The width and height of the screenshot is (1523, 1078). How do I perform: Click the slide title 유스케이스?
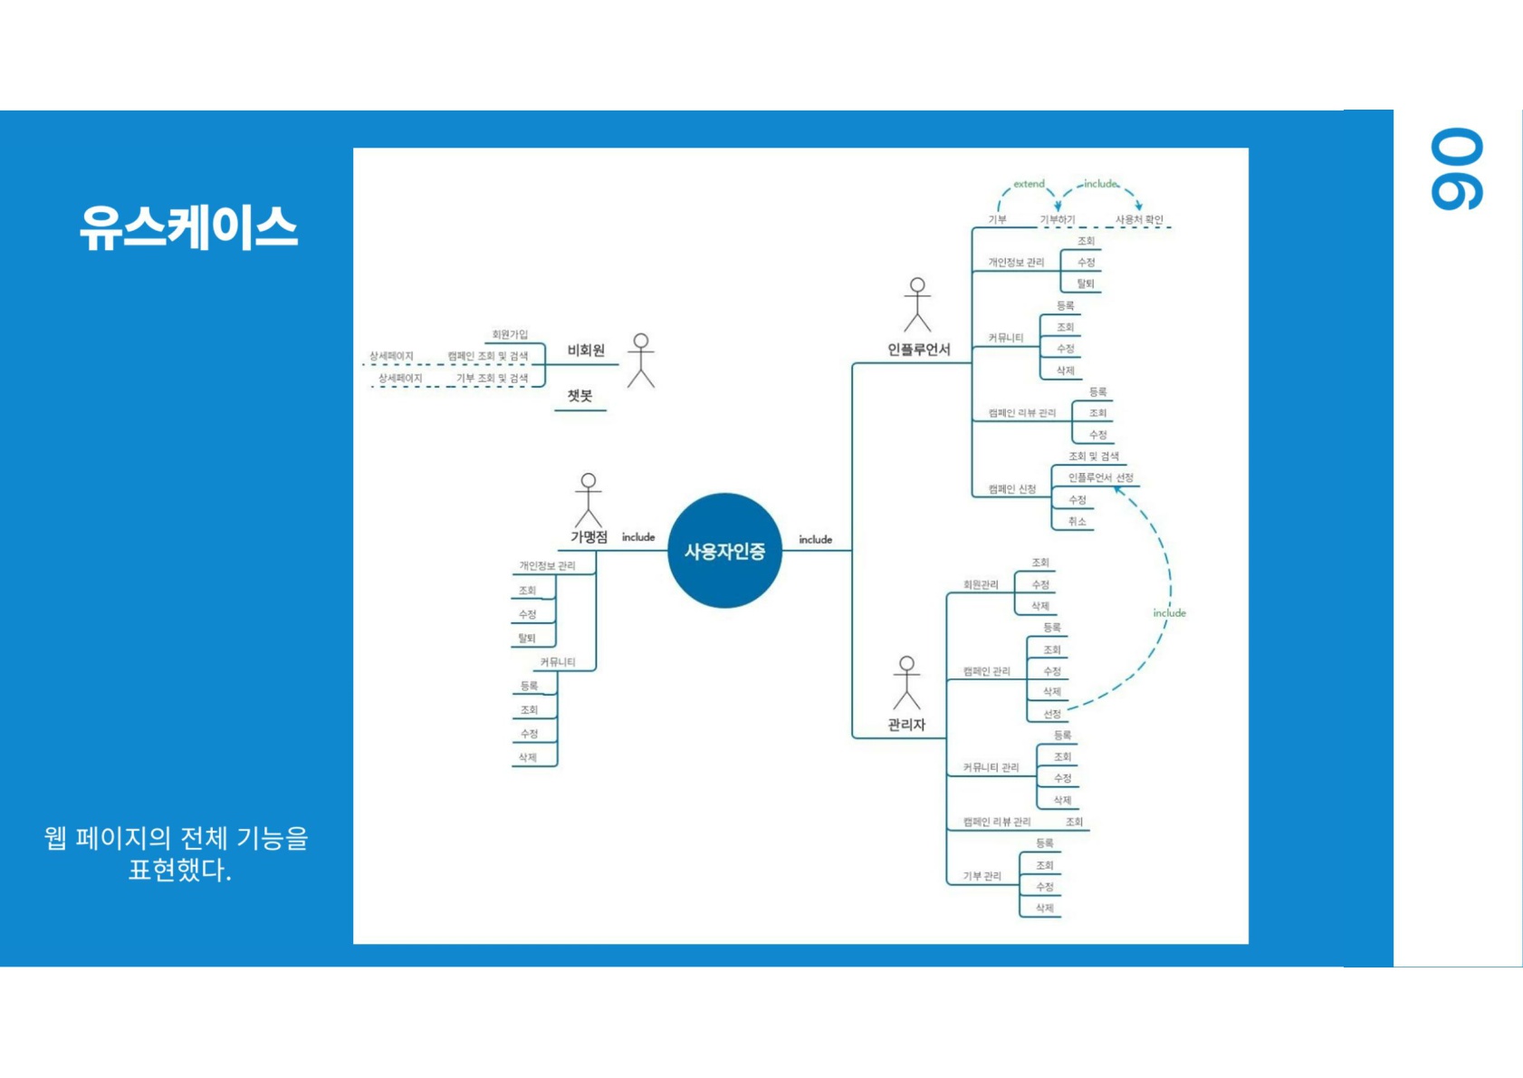coord(188,226)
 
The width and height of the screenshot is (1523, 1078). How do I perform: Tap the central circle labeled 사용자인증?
coord(724,551)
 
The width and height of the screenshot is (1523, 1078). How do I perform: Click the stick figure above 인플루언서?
coord(917,304)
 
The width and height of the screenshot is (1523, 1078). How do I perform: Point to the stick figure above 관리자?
coord(906,682)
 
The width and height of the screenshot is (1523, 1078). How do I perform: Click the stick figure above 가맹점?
coord(589,499)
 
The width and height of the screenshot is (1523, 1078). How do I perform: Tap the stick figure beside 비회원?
coord(641,361)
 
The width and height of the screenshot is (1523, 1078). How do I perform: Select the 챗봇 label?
coord(580,396)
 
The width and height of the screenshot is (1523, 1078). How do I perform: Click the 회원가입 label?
coord(510,334)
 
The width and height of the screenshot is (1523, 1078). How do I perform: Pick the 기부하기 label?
coord(1058,219)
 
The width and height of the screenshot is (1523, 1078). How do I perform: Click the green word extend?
coord(1029,184)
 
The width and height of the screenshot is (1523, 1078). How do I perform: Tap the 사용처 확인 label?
coord(1139,219)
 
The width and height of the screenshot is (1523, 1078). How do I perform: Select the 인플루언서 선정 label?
coord(1100,477)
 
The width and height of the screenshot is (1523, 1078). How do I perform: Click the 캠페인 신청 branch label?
coord(1012,489)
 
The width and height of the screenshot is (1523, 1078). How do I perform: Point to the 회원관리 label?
coord(981,584)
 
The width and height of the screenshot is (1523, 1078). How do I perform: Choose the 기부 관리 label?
coord(982,876)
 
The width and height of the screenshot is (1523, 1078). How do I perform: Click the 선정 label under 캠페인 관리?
coord(1052,714)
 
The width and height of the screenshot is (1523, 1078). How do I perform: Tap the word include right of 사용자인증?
coord(815,539)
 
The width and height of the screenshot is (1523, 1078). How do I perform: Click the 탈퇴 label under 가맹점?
coord(527,638)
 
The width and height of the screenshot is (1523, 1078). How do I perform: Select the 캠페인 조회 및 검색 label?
coord(487,356)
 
